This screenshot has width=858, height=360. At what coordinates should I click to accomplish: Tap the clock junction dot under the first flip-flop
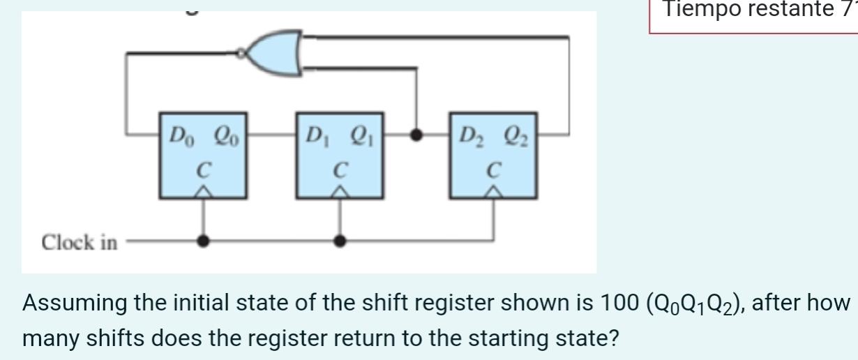(x=203, y=241)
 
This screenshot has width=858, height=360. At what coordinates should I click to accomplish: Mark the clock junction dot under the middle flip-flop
(x=340, y=241)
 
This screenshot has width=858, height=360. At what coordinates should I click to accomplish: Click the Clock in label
(x=80, y=243)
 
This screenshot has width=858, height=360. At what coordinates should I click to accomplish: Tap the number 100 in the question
(x=615, y=304)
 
